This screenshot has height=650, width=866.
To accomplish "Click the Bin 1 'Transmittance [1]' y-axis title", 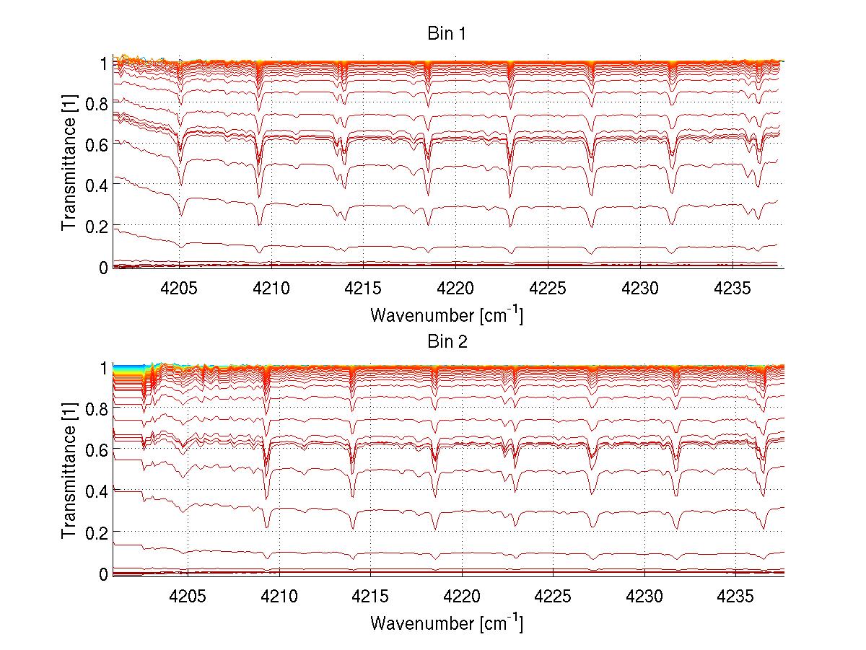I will coord(69,165).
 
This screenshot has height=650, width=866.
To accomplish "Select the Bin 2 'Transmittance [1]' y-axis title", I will coord(69,472).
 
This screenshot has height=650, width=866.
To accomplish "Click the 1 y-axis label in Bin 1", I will coord(103,63).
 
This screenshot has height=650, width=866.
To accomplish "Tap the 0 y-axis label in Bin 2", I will coord(103,574).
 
